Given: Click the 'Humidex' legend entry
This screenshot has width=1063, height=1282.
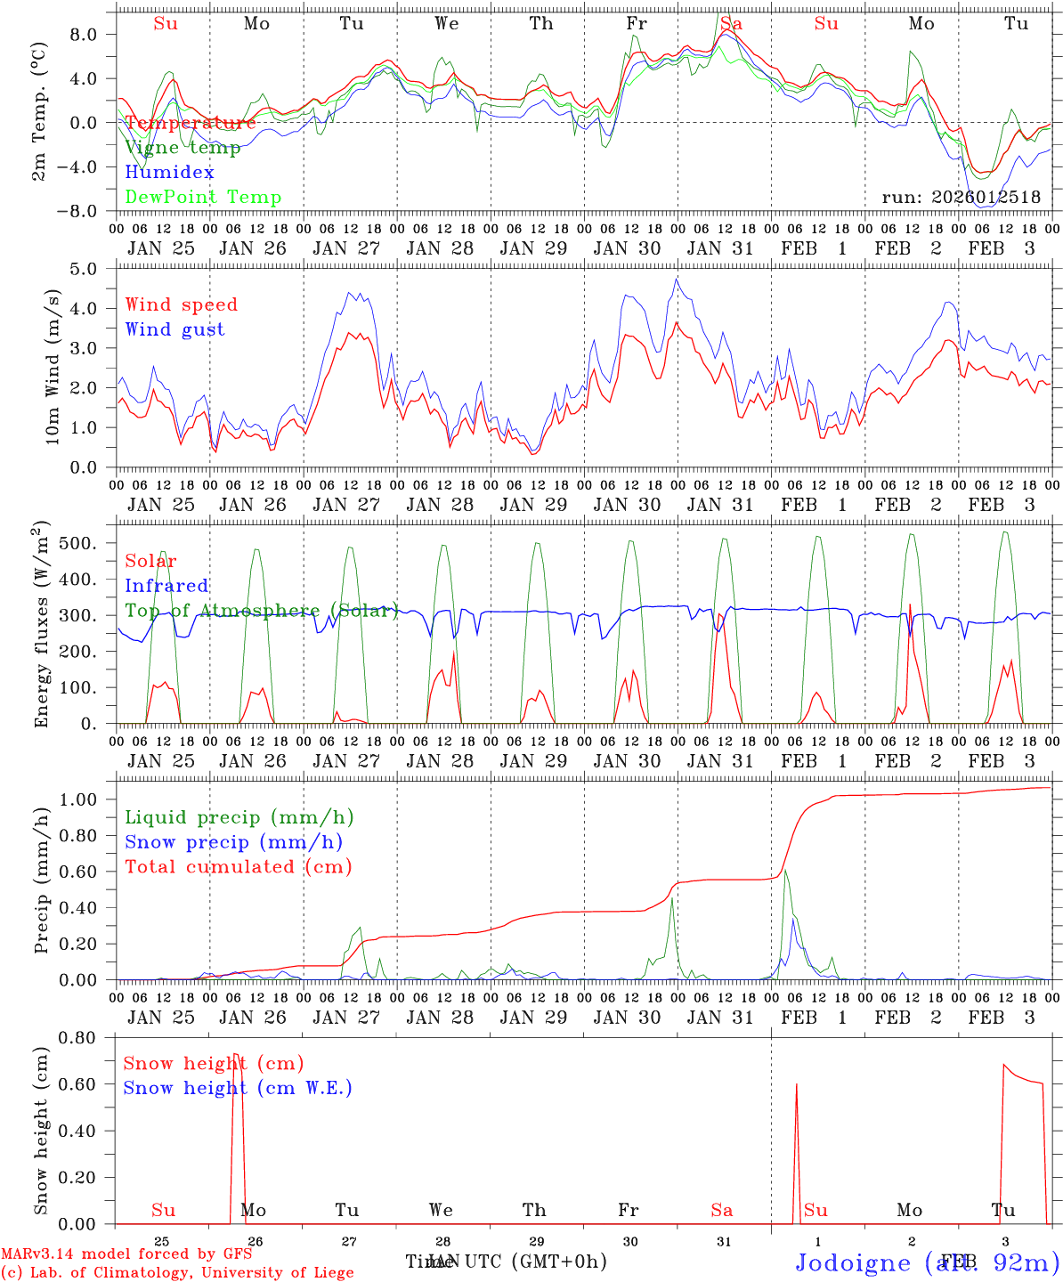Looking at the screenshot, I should pos(169,173).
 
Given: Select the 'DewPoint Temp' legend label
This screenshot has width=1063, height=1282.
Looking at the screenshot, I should pos(203,198).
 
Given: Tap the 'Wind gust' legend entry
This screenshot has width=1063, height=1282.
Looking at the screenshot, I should pos(174,329).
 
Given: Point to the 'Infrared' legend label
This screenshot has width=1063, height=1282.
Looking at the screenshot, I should pos(166,586).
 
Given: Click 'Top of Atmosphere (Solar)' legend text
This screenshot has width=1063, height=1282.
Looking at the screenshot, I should pos(262,611).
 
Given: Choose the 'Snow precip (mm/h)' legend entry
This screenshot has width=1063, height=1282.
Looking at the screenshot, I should pos(233,842).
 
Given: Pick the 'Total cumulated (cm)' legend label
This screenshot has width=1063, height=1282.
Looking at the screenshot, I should pos(238,867).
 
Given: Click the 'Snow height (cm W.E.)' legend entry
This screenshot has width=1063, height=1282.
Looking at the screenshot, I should pos(237,1088).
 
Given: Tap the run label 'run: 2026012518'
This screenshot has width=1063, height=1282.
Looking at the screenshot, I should pos(961,198).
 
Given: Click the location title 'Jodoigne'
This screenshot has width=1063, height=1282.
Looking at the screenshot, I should pos(852,1262).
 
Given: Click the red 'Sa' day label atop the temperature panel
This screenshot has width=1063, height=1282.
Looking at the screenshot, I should pos(731,24).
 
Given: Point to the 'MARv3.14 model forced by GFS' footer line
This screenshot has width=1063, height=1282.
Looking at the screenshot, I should pos(126,1254).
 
